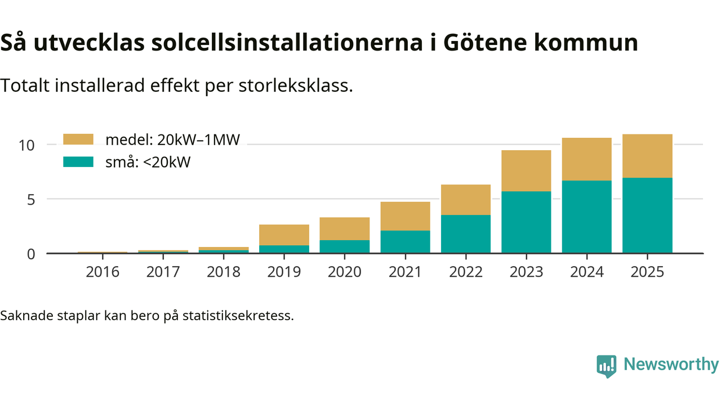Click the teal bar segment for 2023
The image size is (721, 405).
tap(526, 222)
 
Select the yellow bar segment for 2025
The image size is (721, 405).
tap(647, 156)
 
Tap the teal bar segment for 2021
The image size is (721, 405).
tap(405, 242)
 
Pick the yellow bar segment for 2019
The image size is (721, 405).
tap(284, 235)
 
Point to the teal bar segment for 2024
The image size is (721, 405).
tap(586, 217)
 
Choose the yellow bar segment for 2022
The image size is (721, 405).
tap(466, 200)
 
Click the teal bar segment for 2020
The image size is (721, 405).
tap(345, 246)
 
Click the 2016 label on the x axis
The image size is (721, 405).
tap(103, 272)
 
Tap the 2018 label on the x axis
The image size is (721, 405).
tap(224, 272)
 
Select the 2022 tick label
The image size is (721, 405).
tap(466, 272)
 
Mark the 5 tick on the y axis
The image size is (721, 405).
tap(30, 200)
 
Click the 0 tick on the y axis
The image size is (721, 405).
tap(30, 254)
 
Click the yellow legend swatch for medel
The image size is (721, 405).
tap(78, 139)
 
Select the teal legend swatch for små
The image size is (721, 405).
tap(78, 162)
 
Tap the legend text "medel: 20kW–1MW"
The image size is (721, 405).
tap(173, 140)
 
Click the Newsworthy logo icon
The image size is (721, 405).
tap(606, 366)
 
